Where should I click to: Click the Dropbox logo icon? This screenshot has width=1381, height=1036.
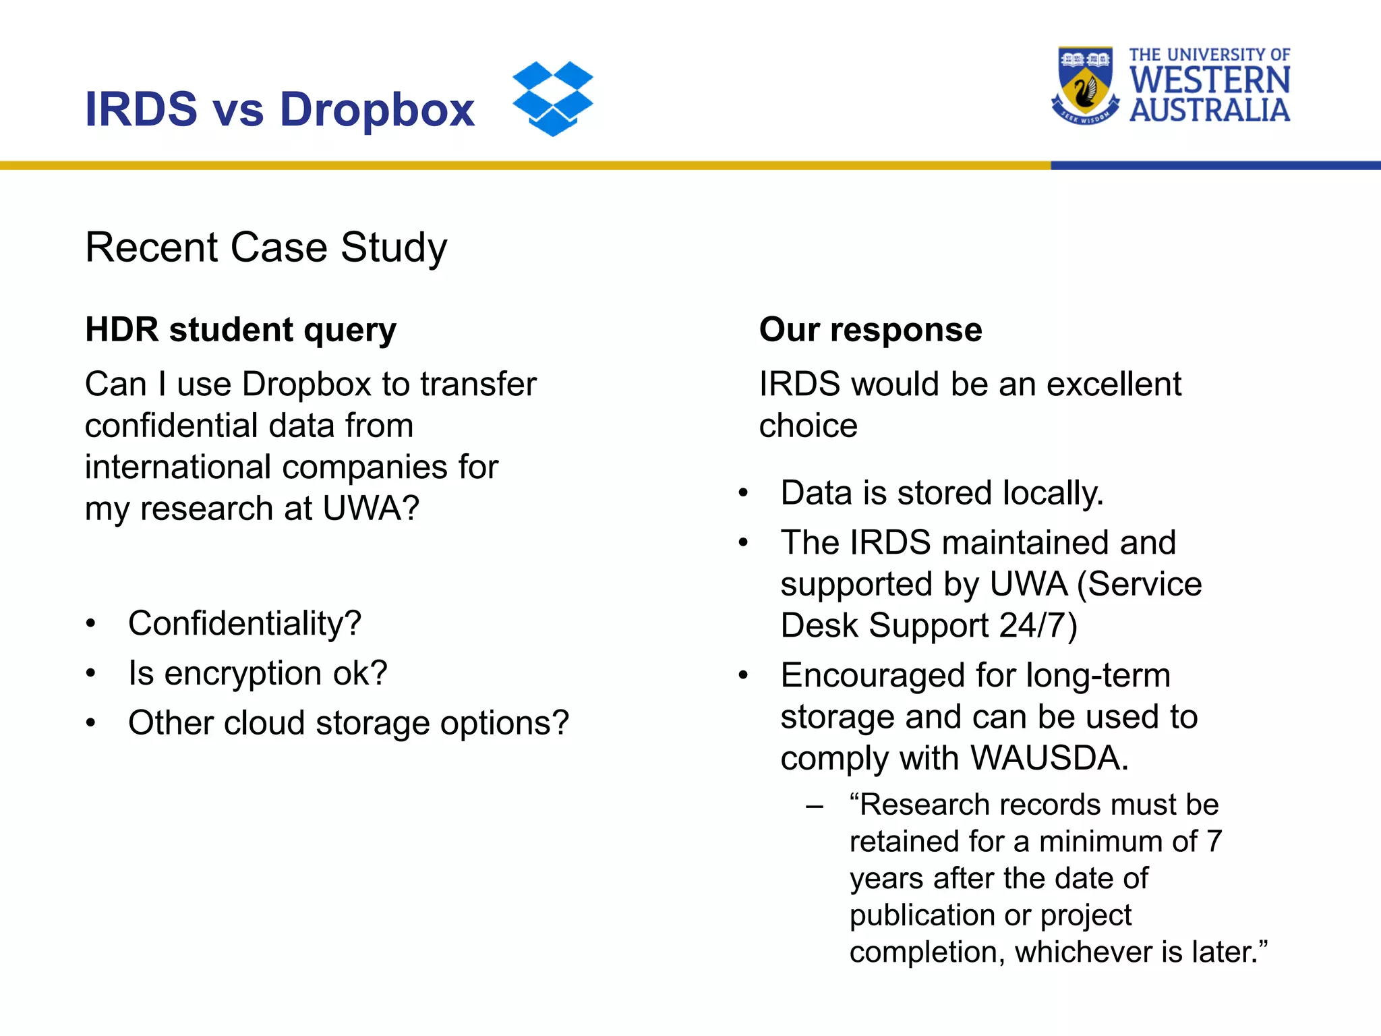click(552, 98)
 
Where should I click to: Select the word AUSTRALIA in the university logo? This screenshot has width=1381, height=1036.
click(1210, 111)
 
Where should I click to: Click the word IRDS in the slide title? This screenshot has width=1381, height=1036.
click(141, 109)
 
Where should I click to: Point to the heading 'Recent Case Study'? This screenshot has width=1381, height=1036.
click(266, 248)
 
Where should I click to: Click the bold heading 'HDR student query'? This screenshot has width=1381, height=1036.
click(241, 330)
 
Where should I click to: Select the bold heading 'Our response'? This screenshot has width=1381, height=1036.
click(870, 330)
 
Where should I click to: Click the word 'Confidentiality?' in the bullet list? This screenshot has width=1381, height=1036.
click(245, 623)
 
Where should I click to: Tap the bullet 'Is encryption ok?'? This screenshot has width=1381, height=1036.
click(258, 673)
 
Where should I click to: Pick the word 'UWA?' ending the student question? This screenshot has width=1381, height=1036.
click(371, 509)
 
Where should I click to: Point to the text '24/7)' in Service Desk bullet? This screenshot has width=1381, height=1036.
click(1038, 625)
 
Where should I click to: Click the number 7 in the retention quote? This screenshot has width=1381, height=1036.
click(1214, 842)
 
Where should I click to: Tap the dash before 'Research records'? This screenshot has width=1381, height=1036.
click(815, 805)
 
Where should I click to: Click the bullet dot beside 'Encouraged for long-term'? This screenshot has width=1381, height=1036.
click(743, 675)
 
